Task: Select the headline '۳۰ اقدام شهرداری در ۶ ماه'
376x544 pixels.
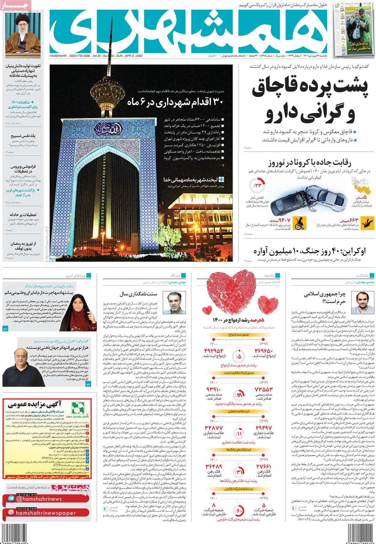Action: [175, 103]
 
